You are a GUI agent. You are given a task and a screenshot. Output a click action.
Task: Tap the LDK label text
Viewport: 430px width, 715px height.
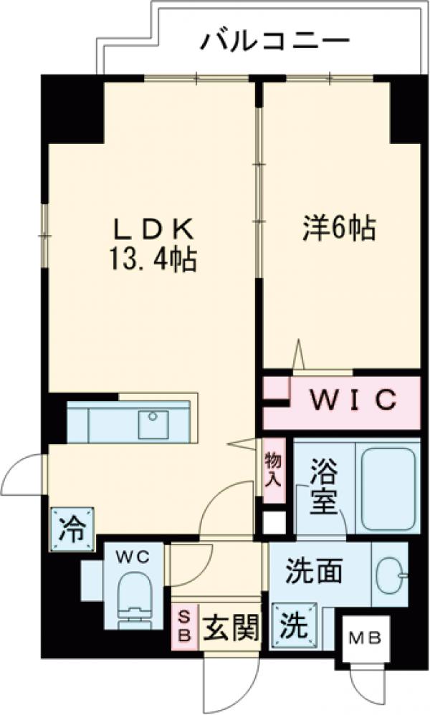tap(155, 231)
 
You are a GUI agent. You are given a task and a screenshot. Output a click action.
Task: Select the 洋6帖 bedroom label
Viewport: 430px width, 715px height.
tap(337, 229)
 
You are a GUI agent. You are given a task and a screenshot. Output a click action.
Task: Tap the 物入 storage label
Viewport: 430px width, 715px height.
tap(272, 470)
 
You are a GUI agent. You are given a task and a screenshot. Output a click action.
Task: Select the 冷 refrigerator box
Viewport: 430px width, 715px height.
tap(72, 529)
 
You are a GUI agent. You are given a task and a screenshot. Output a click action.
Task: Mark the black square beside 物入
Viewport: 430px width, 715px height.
tap(274, 522)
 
